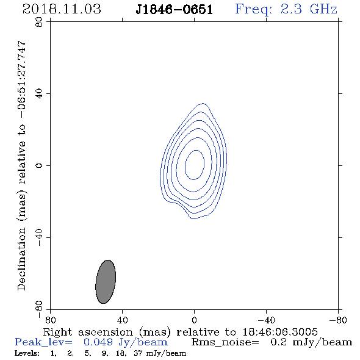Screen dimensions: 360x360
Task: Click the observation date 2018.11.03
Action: click(62, 9)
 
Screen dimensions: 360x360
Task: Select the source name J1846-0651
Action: click(174, 9)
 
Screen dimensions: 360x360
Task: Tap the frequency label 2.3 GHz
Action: click(309, 9)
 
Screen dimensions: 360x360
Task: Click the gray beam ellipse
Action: click(106, 282)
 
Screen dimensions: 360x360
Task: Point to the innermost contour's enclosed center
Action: click(195, 165)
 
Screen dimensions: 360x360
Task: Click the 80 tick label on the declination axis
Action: click(39, 22)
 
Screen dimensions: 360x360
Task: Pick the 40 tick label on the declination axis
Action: click(39, 94)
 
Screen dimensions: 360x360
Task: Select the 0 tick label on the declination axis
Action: click(39, 165)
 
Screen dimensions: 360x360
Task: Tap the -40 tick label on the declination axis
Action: click(39, 237)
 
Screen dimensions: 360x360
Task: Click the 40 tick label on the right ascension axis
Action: click(123, 320)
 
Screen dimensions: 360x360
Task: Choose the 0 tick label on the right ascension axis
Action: click(194, 320)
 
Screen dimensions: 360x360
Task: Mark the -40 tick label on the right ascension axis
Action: click(266, 320)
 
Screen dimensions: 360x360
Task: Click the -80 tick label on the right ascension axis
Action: click(338, 320)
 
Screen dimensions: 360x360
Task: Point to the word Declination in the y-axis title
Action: click(21, 259)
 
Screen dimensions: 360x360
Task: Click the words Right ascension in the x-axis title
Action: click(88, 332)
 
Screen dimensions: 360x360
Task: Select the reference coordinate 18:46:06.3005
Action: click(280, 332)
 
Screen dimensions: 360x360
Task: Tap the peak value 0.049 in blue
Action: click(98, 342)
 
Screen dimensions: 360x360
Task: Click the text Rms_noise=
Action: click(225, 342)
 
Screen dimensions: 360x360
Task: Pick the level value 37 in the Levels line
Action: click(138, 353)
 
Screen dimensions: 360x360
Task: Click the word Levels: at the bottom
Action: click(27, 353)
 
